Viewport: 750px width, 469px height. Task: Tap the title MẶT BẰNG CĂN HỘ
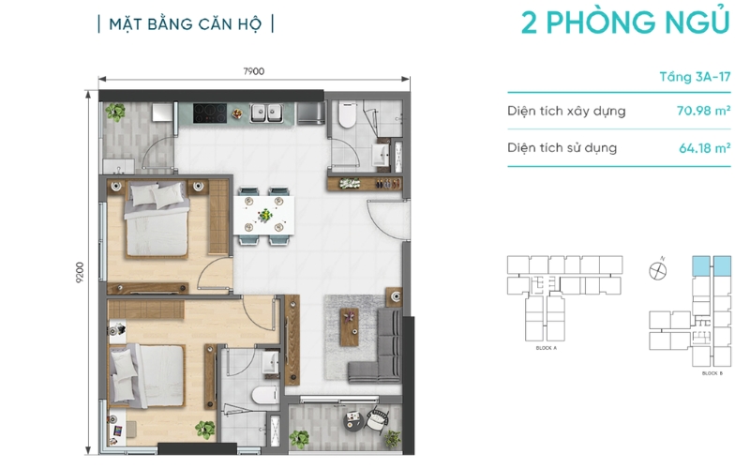pyautogui.click(x=186, y=23)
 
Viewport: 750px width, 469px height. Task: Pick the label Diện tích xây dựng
pyautogui.click(x=566, y=112)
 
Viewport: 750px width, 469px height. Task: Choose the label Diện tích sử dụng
pyautogui.click(x=562, y=148)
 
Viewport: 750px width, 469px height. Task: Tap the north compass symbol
pyautogui.click(x=658, y=270)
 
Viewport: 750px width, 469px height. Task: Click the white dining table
pyautogui.click(x=265, y=216)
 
